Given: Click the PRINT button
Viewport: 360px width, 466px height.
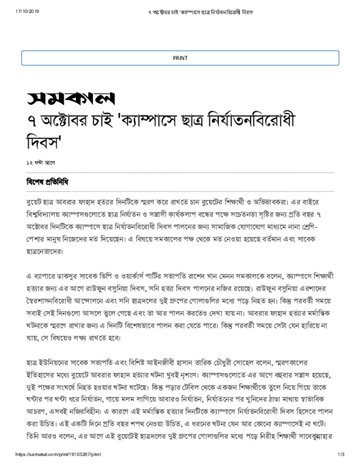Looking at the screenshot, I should (x=180, y=58).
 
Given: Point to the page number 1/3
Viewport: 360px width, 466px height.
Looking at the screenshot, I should (x=341, y=455).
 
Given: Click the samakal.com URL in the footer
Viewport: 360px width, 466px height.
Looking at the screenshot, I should (x=58, y=455).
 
